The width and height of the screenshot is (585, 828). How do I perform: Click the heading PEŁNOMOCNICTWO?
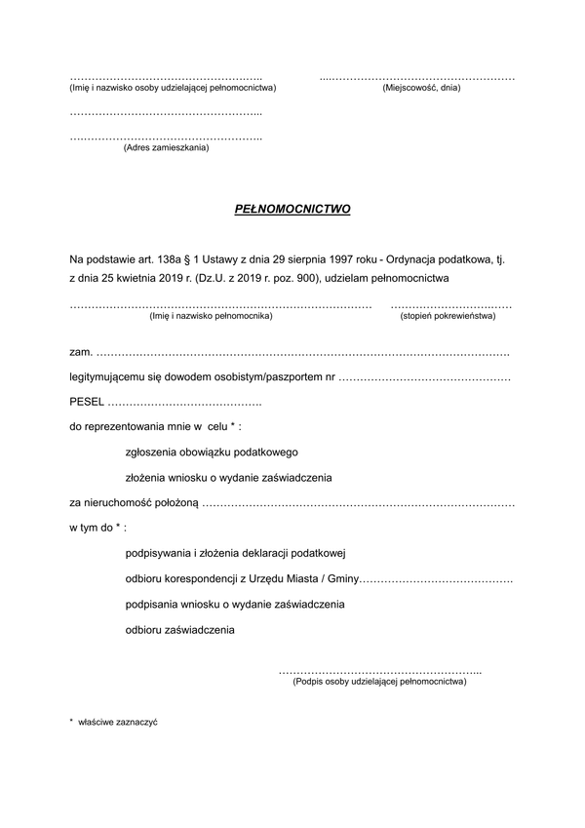pos(292,210)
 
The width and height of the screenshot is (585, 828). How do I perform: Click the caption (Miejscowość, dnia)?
pos(421,89)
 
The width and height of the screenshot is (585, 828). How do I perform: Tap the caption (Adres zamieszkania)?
pos(166,148)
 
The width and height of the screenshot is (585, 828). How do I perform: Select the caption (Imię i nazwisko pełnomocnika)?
pos(211,316)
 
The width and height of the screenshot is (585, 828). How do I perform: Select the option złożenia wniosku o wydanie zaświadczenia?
pos(229,478)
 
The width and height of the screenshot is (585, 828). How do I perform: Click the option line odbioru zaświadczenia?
pos(180,630)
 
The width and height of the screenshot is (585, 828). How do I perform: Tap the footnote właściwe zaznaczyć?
pos(118,723)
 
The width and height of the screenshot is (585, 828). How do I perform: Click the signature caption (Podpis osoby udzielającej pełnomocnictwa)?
pos(379,682)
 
